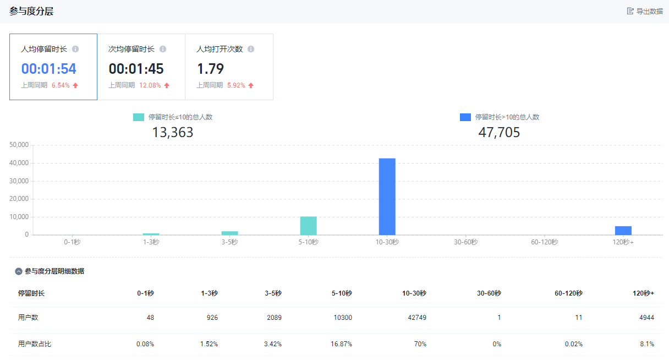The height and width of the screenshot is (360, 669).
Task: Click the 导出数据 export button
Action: coord(645,11)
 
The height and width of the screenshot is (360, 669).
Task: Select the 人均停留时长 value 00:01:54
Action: coord(48,69)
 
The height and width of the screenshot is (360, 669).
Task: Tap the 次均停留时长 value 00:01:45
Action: coord(136,69)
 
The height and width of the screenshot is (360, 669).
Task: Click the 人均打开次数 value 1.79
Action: coord(210,69)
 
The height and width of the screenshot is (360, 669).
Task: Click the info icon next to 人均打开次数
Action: coord(251,49)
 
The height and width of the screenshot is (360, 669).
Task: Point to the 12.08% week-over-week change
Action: coord(150,85)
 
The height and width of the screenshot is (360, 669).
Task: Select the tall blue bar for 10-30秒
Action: coord(387,197)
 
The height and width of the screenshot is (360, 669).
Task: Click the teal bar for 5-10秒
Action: coord(308,226)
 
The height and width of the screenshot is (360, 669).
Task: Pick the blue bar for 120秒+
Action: coord(623,231)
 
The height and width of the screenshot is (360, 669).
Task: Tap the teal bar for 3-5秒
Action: coord(229,233)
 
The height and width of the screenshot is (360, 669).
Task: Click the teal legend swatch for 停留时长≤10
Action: coord(139,117)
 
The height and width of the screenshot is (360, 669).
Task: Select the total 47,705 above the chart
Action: coord(499,133)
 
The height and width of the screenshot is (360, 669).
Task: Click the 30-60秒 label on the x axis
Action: coord(465,242)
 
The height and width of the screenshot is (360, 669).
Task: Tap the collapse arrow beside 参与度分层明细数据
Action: coord(19,271)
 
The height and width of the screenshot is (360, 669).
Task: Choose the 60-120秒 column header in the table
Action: coord(568,293)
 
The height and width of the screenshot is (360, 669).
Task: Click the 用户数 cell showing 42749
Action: coord(416,318)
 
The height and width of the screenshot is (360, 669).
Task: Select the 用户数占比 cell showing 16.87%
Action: coord(342,344)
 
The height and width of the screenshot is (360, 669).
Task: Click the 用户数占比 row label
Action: coord(35,344)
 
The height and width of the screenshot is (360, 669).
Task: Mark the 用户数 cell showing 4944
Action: coord(646,318)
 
